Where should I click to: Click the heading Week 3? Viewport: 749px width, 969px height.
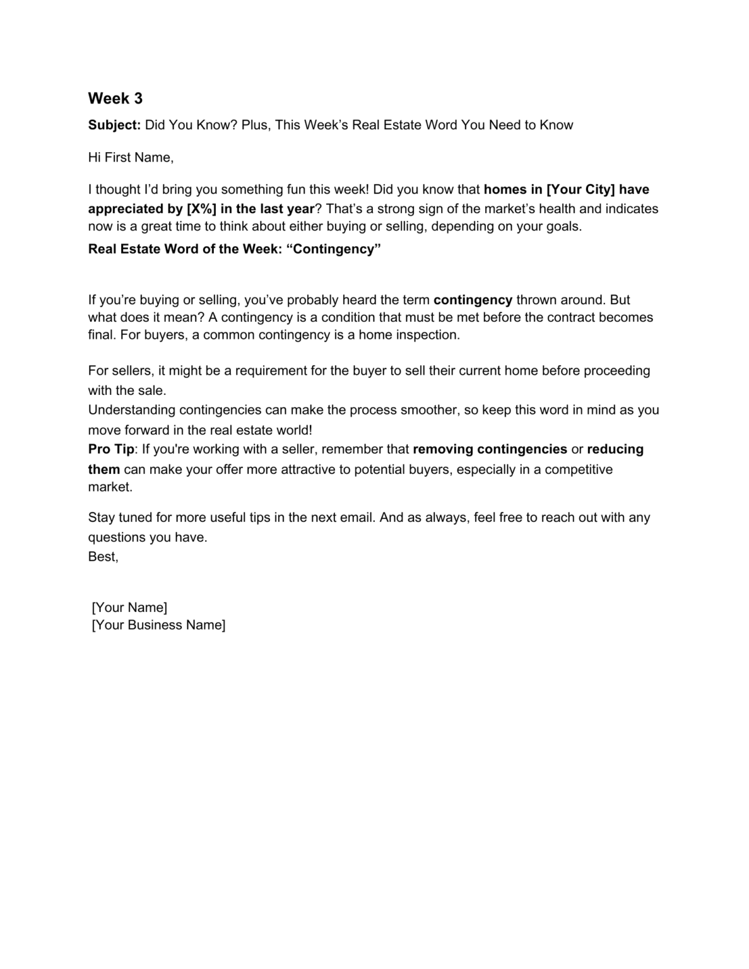(x=115, y=98)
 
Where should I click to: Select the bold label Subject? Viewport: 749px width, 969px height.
(x=114, y=125)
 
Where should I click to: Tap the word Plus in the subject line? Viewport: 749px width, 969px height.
(x=256, y=125)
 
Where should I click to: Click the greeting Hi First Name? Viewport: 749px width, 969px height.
(x=131, y=158)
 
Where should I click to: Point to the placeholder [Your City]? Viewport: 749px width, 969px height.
(x=581, y=190)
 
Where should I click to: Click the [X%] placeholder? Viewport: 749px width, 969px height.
(x=201, y=209)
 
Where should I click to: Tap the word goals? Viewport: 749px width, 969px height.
(x=565, y=226)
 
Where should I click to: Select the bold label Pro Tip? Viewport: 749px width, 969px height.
(x=111, y=449)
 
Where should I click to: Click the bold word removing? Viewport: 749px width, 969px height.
(x=442, y=449)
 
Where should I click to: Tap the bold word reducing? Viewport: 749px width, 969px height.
(x=615, y=449)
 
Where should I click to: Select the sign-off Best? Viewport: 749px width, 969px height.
(x=103, y=556)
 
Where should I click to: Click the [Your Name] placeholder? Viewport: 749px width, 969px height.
(x=129, y=608)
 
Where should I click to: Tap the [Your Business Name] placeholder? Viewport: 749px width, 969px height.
(x=158, y=625)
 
